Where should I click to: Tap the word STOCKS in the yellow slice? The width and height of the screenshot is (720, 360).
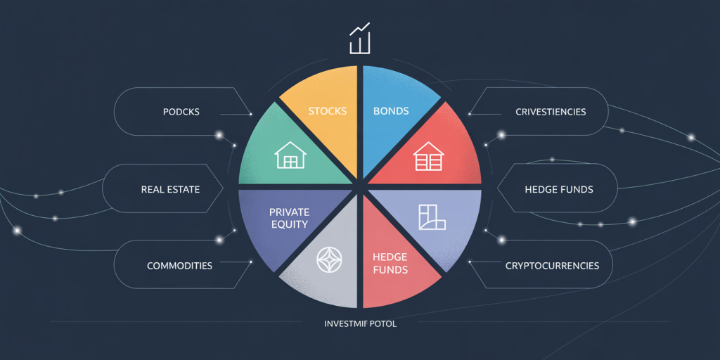(327, 110)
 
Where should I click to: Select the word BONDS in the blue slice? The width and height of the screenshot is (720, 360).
(391, 110)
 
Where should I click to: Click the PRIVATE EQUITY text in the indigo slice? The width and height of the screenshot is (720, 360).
(289, 219)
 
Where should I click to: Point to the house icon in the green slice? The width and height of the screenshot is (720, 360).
(290, 155)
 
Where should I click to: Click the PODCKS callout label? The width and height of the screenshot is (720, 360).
(181, 112)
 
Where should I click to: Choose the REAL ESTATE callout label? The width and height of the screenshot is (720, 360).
(170, 189)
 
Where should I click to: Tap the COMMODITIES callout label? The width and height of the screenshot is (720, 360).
(179, 266)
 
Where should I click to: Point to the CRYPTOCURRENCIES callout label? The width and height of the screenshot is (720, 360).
(552, 266)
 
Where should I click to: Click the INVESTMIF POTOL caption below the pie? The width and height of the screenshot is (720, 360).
(360, 324)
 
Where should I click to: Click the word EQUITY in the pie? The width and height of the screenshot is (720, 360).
(289, 224)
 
